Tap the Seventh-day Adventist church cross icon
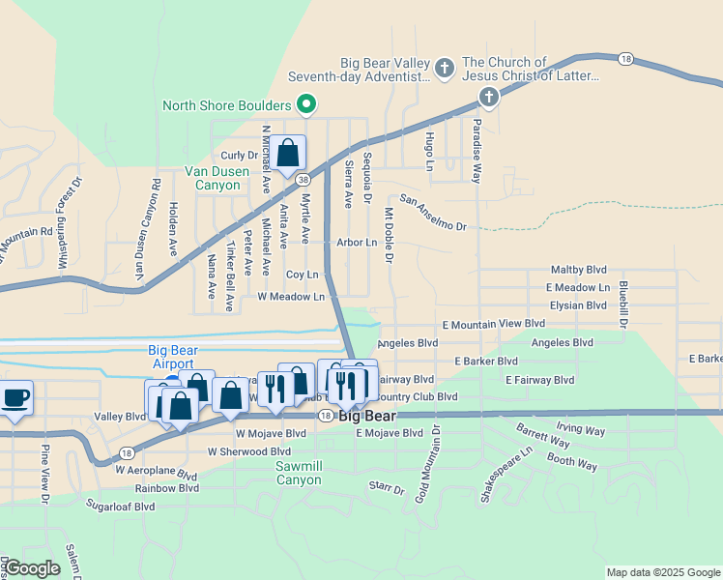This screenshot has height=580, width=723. tap(444, 68)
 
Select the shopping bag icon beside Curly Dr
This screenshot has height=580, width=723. tap(287, 153)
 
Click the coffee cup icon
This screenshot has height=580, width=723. tap(15, 397)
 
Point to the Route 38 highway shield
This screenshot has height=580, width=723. tap(304, 180)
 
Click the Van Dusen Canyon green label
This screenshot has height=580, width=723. tap(217, 178)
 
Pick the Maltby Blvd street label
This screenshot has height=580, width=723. tap(578, 270)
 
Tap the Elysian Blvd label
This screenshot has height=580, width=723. tap(578, 304)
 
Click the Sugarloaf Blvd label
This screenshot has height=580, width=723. tap(120, 505)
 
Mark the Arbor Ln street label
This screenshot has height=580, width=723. tap(357, 243)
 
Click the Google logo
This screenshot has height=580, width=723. tap(34, 568)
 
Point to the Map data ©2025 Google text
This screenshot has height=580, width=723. tap(662, 572)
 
